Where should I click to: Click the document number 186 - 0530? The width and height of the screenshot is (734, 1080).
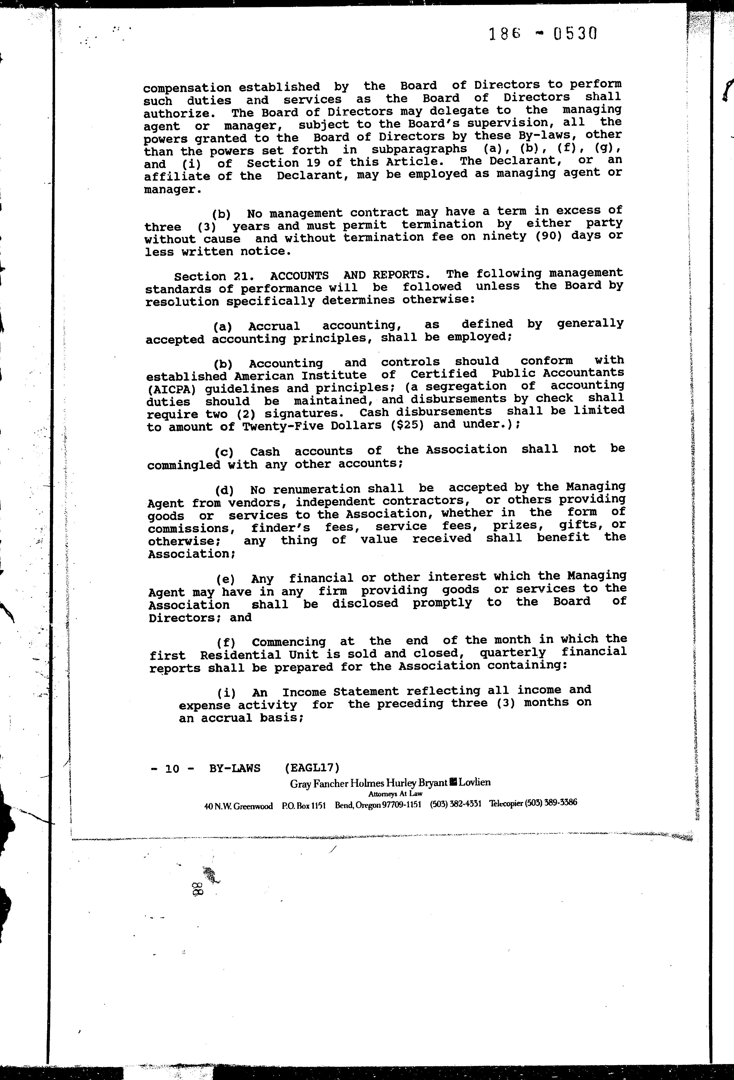click(542, 34)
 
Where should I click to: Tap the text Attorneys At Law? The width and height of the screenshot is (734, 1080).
click(395, 794)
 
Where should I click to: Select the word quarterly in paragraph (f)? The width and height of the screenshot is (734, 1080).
click(512, 653)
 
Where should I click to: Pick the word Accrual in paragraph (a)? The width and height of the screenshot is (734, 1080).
click(274, 326)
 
